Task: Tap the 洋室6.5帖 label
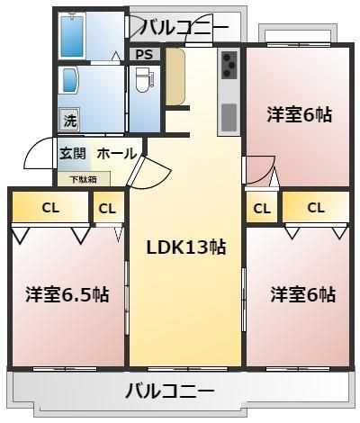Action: point(67,294)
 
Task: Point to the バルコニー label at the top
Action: point(184,27)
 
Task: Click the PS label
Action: point(143,54)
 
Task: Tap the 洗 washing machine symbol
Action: point(69,119)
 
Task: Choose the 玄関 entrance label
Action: point(73,154)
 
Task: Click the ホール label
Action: point(115,154)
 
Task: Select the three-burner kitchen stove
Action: point(229,67)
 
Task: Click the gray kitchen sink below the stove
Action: point(229,115)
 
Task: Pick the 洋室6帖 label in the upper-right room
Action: point(300,115)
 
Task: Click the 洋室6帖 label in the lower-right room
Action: point(303,294)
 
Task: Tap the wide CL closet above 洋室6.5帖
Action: point(49,208)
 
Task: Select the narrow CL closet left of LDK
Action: point(107,208)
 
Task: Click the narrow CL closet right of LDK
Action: point(261,208)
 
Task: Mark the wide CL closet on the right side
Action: point(315,207)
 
